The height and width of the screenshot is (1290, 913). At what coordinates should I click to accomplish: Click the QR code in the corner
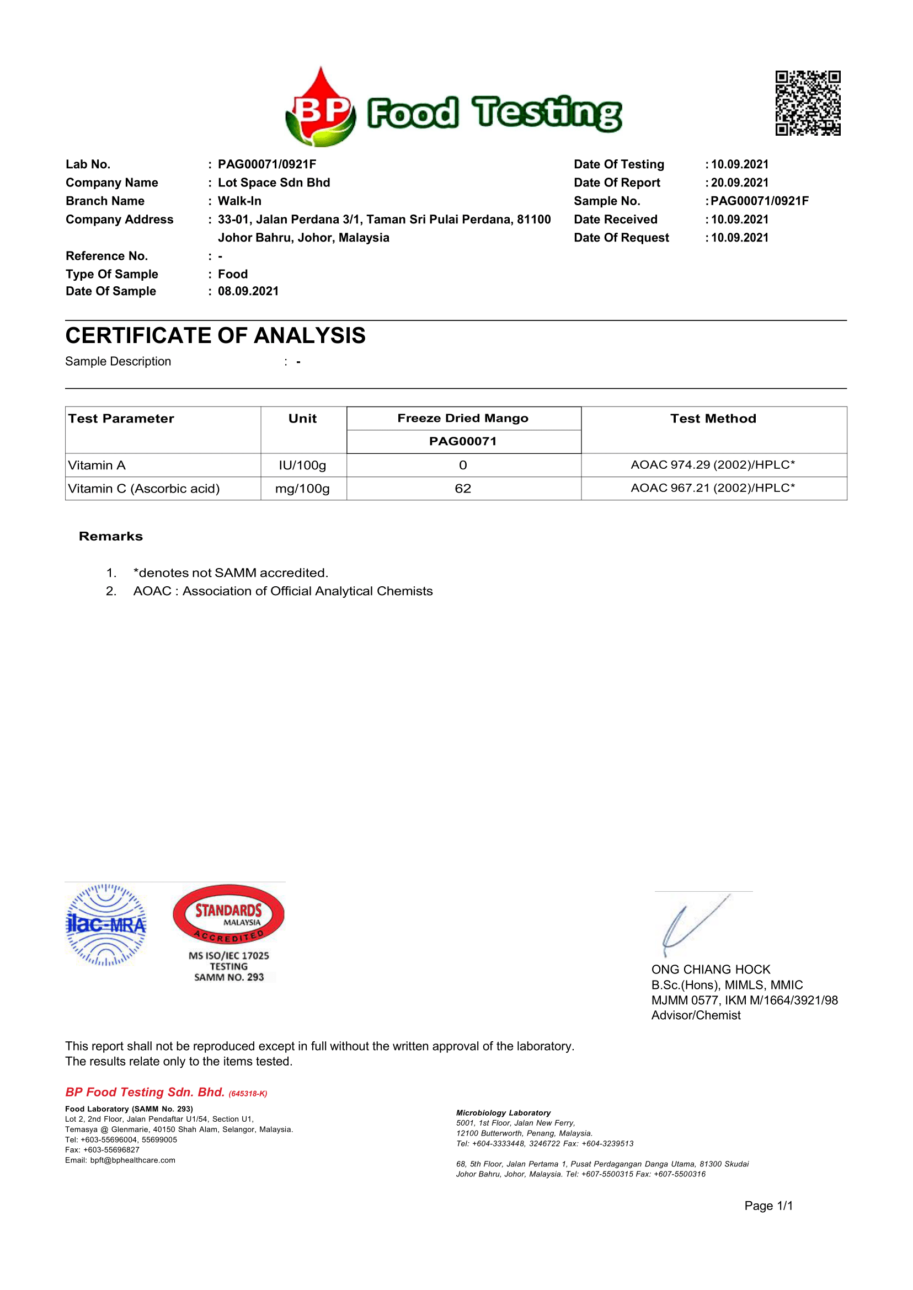click(808, 103)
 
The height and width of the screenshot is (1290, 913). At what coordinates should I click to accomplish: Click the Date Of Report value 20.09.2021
click(739, 183)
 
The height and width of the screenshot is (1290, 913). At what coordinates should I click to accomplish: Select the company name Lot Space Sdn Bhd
click(274, 183)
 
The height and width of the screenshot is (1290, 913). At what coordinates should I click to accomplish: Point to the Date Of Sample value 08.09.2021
click(248, 291)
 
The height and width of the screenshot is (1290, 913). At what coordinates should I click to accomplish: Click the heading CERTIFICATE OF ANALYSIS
click(215, 335)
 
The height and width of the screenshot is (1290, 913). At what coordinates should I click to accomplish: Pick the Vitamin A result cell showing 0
click(463, 465)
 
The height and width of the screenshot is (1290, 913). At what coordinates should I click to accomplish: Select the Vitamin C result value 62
click(463, 489)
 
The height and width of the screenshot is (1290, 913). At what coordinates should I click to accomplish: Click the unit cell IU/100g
click(302, 465)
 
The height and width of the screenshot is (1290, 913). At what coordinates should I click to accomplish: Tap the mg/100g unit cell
click(302, 489)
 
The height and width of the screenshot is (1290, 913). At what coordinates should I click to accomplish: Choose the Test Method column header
click(713, 419)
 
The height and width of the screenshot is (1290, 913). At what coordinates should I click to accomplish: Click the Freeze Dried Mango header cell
click(463, 418)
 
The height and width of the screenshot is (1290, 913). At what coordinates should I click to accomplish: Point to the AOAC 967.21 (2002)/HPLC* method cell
click(713, 488)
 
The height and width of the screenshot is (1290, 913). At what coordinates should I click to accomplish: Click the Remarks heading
click(111, 536)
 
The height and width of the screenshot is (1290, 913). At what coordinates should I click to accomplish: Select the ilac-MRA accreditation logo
click(106, 925)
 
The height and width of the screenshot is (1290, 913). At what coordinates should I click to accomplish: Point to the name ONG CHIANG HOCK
click(711, 970)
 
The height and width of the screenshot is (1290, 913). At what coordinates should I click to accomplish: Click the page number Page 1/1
click(768, 1206)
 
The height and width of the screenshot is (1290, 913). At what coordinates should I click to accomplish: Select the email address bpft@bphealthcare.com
click(133, 1160)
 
